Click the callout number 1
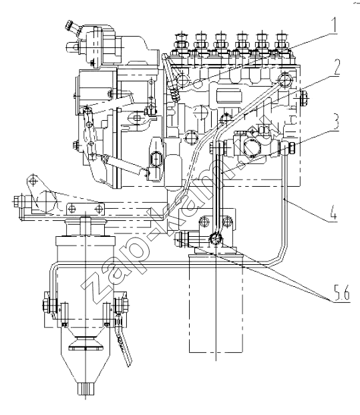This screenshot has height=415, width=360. click(334, 25)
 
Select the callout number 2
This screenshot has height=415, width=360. click(335, 67)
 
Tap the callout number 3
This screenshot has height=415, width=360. click(335, 121)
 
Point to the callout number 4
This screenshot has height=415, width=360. click(333, 213)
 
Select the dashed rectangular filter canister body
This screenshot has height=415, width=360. click(216, 303)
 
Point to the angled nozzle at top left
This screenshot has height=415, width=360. click(72, 27)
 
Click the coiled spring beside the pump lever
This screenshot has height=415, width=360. click(174, 95)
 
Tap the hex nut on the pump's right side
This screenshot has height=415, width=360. click(304, 98)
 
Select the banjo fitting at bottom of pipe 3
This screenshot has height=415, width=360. click(215, 239)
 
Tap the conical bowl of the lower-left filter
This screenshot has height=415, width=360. click(85, 355)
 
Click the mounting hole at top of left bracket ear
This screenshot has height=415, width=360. click(33, 181)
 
